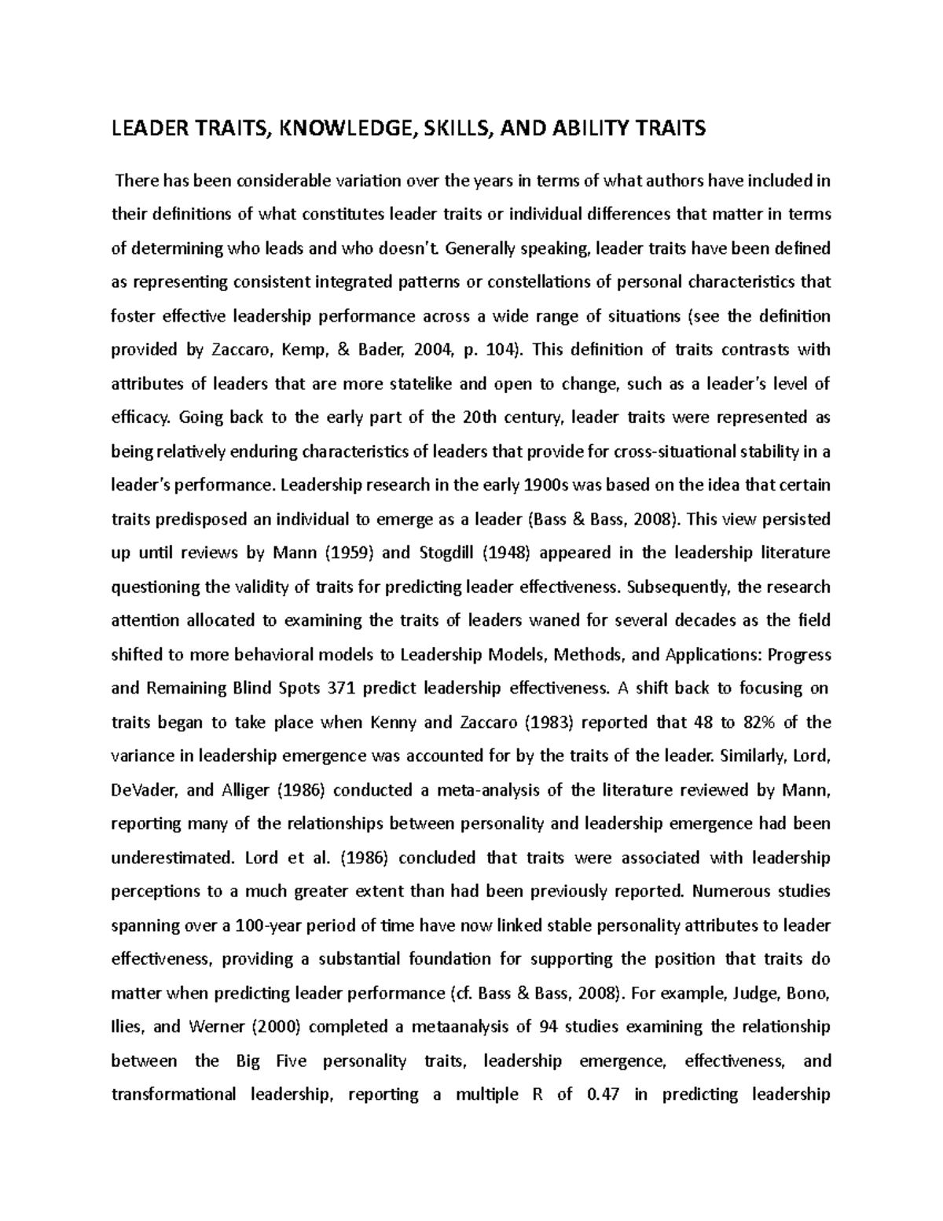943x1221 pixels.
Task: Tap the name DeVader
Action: [143, 790]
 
